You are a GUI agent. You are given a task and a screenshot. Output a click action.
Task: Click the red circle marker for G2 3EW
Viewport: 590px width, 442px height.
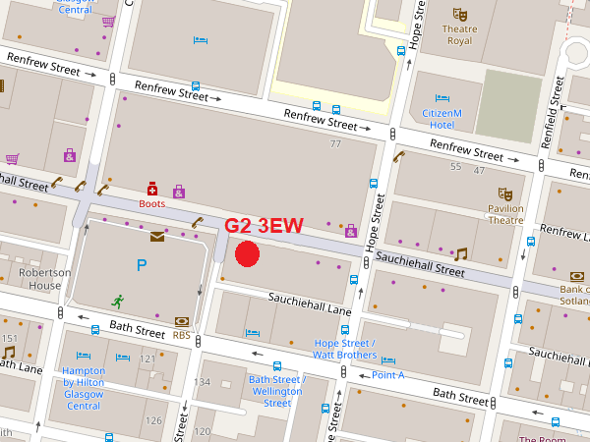point(247,253)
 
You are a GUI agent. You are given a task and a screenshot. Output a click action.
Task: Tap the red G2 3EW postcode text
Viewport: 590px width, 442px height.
point(264,226)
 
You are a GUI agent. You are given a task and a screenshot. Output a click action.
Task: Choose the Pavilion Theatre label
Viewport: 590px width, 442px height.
point(505,214)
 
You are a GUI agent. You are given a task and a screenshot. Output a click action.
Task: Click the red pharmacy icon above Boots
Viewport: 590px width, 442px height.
point(151,188)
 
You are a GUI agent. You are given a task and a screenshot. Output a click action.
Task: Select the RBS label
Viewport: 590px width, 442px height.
point(181,334)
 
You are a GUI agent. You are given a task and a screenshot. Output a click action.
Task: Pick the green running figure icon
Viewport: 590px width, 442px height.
point(118,301)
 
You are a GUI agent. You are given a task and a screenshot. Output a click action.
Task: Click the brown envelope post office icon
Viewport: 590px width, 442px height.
point(157,236)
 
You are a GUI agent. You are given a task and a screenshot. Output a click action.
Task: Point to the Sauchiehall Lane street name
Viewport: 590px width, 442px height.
point(311,303)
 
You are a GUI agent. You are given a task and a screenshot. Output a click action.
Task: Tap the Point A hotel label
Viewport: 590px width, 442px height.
point(387,375)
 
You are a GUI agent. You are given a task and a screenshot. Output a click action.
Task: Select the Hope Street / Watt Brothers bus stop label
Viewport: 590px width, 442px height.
point(344,349)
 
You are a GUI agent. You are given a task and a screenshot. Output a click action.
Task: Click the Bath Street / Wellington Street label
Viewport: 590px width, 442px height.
point(277,391)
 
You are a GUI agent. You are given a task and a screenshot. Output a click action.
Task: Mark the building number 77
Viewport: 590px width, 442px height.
point(335,144)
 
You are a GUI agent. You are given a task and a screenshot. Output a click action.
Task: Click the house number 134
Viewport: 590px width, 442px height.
point(203,381)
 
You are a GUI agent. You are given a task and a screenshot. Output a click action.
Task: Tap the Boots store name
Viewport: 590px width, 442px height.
point(151,204)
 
